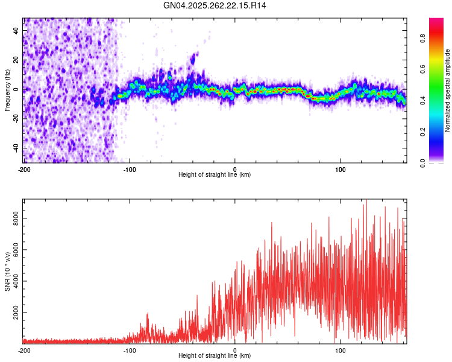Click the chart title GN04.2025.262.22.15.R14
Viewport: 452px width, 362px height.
pos(216,5)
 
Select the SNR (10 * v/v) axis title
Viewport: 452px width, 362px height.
pos(8,271)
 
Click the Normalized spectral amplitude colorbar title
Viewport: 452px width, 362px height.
pos(448,91)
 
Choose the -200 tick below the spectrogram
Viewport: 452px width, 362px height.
pos(24,170)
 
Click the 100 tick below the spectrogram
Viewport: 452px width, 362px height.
pos(340,170)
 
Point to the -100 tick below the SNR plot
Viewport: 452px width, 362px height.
pos(130,350)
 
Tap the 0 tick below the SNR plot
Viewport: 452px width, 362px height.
pos(235,350)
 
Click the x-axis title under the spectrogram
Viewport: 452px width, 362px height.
pos(215,175)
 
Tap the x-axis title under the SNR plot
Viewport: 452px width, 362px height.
pos(215,356)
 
